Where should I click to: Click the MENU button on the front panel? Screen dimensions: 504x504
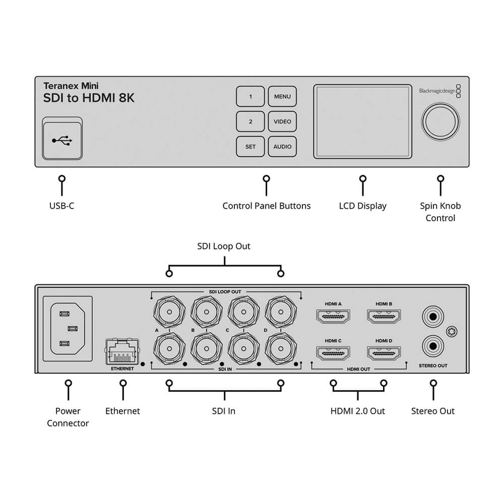[282, 96]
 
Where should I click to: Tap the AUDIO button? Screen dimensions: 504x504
[282, 147]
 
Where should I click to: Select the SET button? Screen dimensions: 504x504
[250, 147]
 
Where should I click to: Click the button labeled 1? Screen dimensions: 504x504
[250, 96]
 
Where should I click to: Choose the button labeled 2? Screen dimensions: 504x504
[250, 121]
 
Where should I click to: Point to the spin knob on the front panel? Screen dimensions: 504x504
[440, 121]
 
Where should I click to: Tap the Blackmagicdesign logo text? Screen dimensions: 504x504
[436, 91]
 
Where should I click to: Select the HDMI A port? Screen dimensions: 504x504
[333, 317]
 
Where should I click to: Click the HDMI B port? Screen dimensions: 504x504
[384, 317]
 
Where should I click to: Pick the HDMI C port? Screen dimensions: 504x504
[333, 353]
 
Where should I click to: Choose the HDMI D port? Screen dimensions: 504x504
[384, 353]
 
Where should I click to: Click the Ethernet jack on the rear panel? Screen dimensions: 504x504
[122, 352]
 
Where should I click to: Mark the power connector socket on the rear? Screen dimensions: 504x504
[68, 329]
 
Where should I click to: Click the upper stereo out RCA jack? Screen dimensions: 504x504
[432, 317]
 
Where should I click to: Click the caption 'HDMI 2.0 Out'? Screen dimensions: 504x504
[357, 411]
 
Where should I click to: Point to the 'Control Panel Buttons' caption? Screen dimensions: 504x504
[266, 206]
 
